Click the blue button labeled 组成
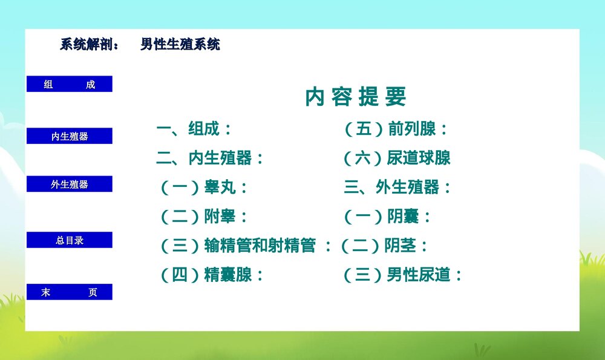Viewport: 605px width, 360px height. pyautogui.click(x=70, y=84)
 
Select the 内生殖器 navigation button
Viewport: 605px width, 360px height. pyautogui.click(x=70, y=136)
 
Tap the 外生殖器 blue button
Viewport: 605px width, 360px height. pyautogui.click(x=70, y=184)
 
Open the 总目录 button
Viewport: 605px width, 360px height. pyautogui.click(x=70, y=240)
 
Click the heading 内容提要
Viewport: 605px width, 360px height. pyautogui.click(x=356, y=97)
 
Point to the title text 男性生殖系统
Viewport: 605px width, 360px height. pyautogui.click(x=180, y=45)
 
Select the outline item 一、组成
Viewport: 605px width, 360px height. pyautogui.click(x=194, y=129)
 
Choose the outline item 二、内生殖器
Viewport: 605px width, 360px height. pyautogui.click(x=210, y=159)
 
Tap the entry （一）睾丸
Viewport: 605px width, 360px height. pyautogui.click(x=204, y=188)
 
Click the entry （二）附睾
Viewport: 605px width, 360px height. pyautogui.click(x=204, y=217)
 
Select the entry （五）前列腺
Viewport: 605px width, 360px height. pyautogui.click(x=396, y=129)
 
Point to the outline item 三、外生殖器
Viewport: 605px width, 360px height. pyautogui.click(x=397, y=188)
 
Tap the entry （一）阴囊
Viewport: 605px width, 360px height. pyautogui.click(x=388, y=217)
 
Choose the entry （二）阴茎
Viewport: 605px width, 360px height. pyautogui.click(x=384, y=246)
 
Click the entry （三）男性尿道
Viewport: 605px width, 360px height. pyautogui.click(x=403, y=275)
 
